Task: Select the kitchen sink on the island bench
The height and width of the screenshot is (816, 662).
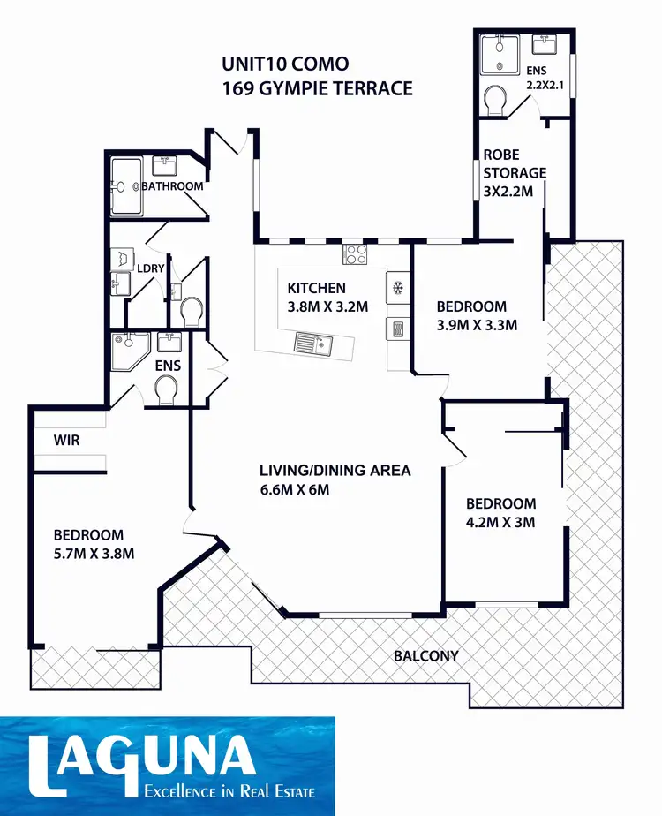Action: pyautogui.click(x=314, y=343)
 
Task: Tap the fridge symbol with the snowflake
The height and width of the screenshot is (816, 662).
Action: pyautogui.click(x=397, y=288)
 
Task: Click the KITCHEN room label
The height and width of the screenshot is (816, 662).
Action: pyautogui.click(x=317, y=288)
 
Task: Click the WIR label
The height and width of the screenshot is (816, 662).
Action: pyautogui.click(x=67, y=439)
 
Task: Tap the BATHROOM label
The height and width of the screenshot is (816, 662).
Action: pyautogui.click(x=174, y=186)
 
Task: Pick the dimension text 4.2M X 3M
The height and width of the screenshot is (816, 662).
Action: pyautogui.click(x=500, y=522)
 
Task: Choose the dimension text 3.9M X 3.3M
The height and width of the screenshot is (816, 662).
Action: pyautogui.click(x=477, y=324)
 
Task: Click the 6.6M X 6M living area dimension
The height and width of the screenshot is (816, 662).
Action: pyautogui.click(x=294, y=489)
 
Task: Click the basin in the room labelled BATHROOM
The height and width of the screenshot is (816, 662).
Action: pyautogui.click(x=162, y=164)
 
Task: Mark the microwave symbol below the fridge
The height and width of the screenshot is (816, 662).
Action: pyautogui.click(x=396, y=329)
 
